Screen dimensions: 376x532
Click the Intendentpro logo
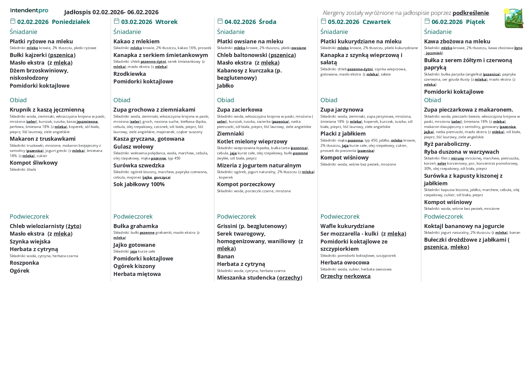29,11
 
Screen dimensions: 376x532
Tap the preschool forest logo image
514,18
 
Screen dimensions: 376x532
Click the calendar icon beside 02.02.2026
13,21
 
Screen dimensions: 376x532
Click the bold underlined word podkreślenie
470,13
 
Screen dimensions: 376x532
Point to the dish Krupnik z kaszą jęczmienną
47,110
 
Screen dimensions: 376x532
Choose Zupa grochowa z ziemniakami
154,110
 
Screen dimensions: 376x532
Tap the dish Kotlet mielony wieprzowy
252,142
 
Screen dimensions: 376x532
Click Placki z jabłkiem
343,134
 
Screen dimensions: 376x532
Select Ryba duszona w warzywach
461,152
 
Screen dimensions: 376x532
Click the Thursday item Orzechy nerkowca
345,276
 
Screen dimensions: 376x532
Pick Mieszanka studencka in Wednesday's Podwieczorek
259,278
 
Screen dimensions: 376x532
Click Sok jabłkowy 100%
139,184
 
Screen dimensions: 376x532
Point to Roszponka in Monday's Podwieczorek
24,263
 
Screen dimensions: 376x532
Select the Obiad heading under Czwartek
329,100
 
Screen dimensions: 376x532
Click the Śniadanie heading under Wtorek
127,32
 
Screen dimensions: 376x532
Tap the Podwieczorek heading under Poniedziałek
29,217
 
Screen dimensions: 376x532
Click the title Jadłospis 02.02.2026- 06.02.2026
111,12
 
